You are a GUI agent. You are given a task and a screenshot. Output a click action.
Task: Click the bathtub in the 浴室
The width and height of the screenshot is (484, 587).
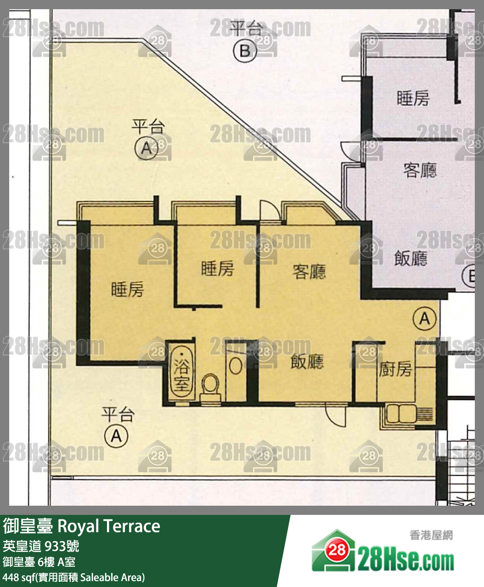coord(181,372)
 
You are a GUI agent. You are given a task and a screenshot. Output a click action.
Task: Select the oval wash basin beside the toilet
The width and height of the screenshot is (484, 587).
coord(236,366)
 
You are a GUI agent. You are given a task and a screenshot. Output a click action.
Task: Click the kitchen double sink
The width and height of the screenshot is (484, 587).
coord(400,414)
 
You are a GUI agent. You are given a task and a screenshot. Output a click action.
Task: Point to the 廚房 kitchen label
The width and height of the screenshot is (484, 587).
coord(395,369)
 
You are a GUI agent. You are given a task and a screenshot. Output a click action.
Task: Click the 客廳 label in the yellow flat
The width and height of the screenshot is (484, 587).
coord(309,271)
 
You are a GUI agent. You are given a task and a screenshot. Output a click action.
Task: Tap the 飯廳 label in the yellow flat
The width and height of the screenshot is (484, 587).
coord(307,362)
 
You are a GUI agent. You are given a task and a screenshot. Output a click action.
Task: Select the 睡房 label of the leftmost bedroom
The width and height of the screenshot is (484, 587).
coord(127,289)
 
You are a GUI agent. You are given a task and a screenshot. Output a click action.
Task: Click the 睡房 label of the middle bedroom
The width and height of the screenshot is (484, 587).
coord(217,268)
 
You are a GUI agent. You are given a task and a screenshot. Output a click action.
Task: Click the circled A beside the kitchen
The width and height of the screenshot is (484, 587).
coord(424,318)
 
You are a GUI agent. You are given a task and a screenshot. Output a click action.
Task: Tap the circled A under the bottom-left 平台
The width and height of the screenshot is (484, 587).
coord(116,435)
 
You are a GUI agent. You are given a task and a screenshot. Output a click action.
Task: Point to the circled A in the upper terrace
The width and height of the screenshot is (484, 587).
coord(146,148)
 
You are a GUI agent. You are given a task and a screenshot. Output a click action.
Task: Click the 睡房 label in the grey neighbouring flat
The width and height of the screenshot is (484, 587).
coord(413,98)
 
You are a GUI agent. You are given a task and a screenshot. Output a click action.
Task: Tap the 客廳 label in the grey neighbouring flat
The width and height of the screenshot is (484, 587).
coord(420,170)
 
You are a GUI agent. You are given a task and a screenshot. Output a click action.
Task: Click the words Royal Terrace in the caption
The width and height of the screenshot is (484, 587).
coord(109,526)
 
